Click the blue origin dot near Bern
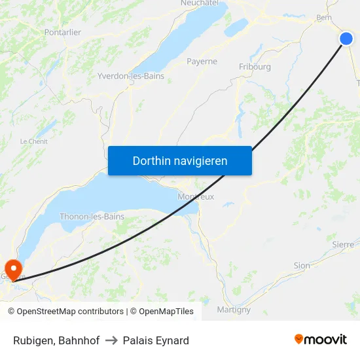click(x=346, y=39)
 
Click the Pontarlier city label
click(x=63, y=32)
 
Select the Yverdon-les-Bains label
click(x=130, y=76)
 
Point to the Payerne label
click(x=202, y=62)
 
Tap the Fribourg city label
click(x=255, y=67)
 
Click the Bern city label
click(x=324, y=18)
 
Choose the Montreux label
click(x=196, y=196)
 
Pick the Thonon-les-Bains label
click(x=92, y=217)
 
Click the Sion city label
click(x=302, y=266)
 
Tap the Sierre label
click(x=343, y=244)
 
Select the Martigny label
click(x=234, y=310)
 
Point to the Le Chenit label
click(x=33, y=141)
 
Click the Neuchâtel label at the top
click(x=199, y=3)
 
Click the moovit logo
click(x=321, y=340)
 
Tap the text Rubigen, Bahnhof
click(x=56, y=340)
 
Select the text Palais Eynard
click(x=156, y=340)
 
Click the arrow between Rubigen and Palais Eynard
click(x=111, y=340)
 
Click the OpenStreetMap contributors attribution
click(x=65, y=312)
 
